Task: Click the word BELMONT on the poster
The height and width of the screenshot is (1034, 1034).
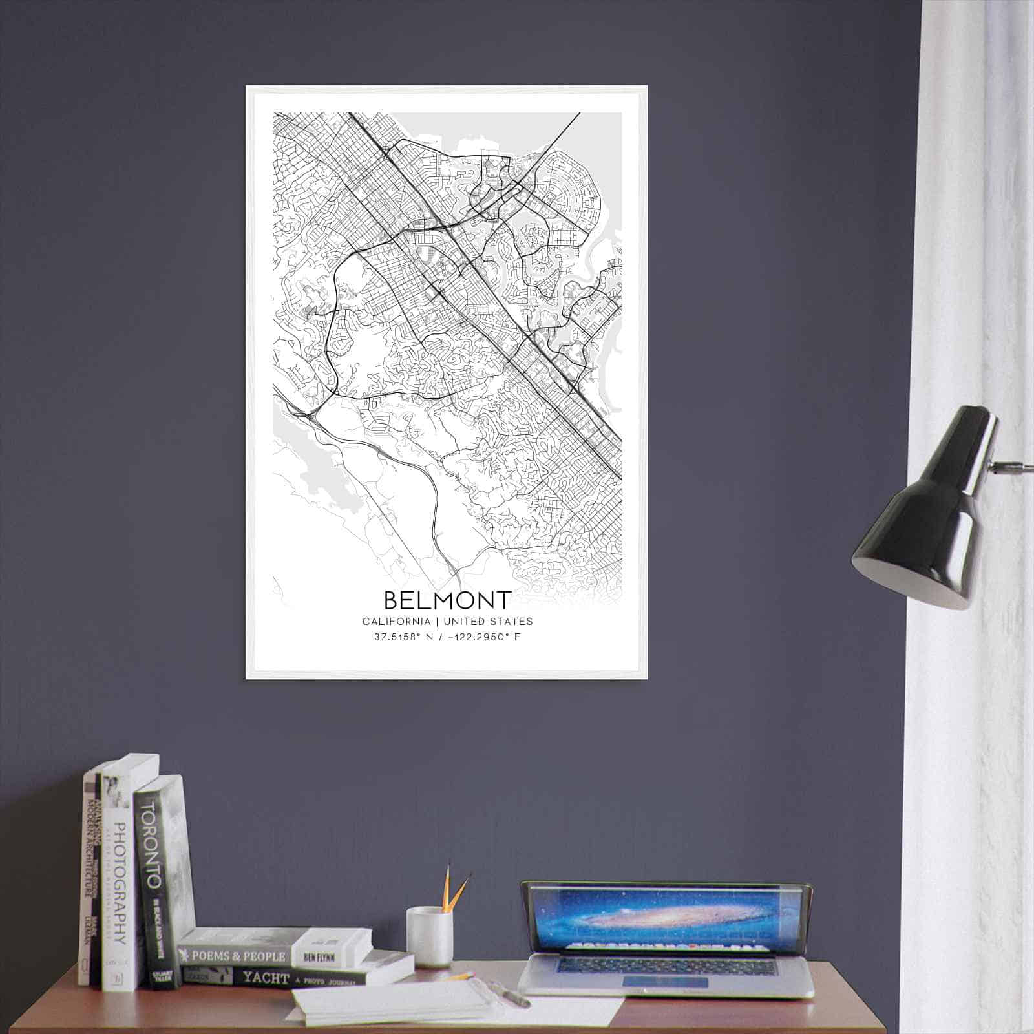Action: [x=447, y=600]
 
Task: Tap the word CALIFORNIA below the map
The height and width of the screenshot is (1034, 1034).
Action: [x=396, y=622]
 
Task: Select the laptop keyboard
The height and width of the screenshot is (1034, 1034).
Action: [x=666, y=965]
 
